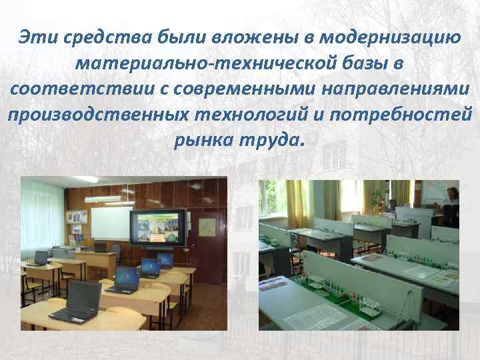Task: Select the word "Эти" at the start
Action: (x=39, y=38)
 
